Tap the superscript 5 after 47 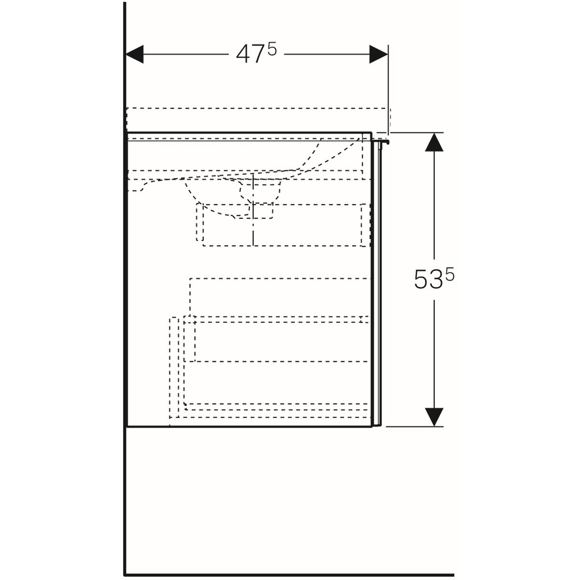272,49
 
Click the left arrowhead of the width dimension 134,54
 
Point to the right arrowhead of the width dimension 378,54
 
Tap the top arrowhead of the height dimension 434,142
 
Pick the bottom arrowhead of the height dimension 434,417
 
